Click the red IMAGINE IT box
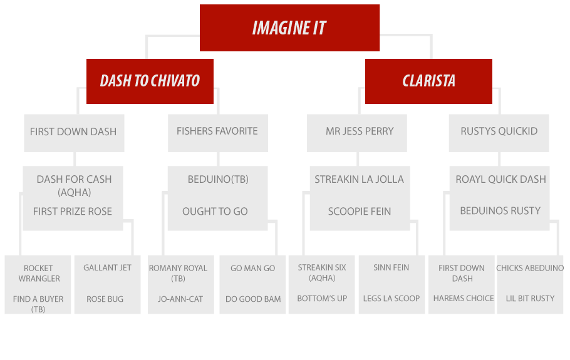tap(290, 28)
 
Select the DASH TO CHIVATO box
tap(150, 81)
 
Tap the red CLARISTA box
tap(428, 81)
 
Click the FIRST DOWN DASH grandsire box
tap(74, 133)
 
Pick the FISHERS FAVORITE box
tap(218, 133)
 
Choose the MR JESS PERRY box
tap(356, 133)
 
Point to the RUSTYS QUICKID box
tap(499, 133)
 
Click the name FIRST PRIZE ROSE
tap(72, 212)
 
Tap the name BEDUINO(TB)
tap(218, 180)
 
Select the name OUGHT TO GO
tap(215, 212)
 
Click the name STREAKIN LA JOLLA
tap(359, 180)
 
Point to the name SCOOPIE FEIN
tap(360, 212)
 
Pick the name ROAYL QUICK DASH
tap(501, 180)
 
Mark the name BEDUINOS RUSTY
tap(500, 211)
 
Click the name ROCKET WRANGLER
tap(39, 274)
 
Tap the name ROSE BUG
tap(105, 299)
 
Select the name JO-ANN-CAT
tap(180, 299)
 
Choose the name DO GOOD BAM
tap(253, 299)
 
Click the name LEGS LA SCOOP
tap(391, 299)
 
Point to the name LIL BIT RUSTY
tap(530, 299)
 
